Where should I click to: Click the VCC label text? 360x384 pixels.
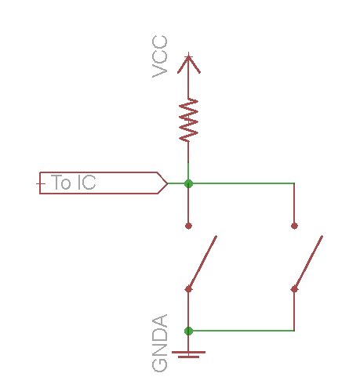click(x=160, y=56)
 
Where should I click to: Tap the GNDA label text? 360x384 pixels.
click(x=160, y=343)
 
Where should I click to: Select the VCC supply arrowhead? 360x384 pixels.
click(x=189, y=64)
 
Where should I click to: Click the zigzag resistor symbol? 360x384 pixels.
click(x=188, y=120)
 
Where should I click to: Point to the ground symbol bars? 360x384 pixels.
click(x=188, y=354)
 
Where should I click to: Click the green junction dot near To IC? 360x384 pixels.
click(x=188, y=183)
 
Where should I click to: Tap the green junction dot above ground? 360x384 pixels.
click(x=188, y=331)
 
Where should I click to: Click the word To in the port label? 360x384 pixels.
click(x=61, y=182)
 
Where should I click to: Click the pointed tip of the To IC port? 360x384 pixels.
click(x=167, y=183)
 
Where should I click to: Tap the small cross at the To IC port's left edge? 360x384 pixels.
click(x=40, y=183)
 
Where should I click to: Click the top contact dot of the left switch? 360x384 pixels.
click(x=188, y=226)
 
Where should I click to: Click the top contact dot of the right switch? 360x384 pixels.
click(x=294, y=226)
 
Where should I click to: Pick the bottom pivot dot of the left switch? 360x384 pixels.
click(x=188, y=289)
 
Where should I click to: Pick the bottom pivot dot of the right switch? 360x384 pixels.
click(x=294, y=289)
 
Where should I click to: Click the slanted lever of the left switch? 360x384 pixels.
click(x=202, y=263)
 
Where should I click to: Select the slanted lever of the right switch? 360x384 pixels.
click(x=308, y=263)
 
